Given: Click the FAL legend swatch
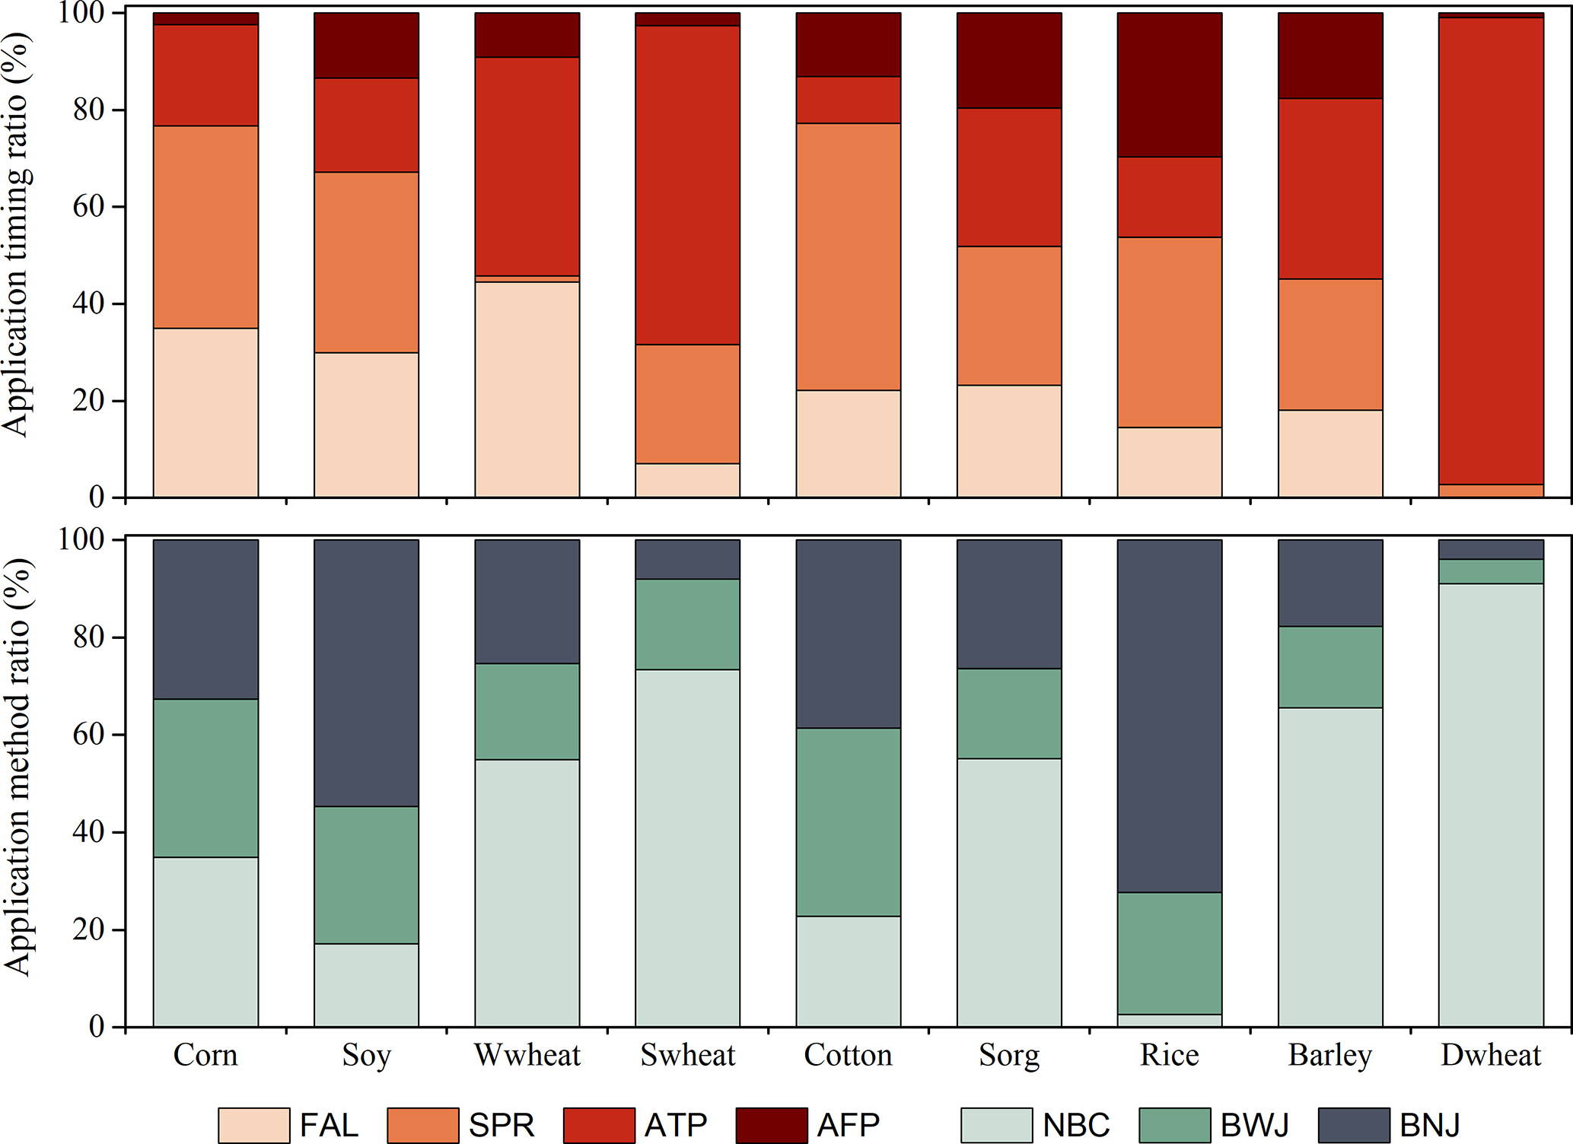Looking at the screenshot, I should (253, 1125).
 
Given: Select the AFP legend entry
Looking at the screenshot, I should (848, 1125).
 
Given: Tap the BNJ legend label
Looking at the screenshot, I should (1430, 1125).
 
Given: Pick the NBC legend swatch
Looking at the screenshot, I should (996, 1125).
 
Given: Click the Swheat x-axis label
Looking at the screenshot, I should (688, 1055).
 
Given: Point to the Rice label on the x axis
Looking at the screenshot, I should (1169, 1055).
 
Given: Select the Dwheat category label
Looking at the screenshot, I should (1491, 1055).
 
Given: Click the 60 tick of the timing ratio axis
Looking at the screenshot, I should (88, 207).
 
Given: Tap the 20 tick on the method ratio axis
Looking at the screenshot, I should (88, 929).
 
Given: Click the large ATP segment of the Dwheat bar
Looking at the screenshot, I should (1491, 251).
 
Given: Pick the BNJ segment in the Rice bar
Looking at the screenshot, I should (1169, 715).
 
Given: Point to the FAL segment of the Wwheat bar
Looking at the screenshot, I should (527, 389).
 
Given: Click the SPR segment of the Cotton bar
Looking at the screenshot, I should (849, 256).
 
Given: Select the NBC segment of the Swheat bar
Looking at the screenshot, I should (688, 847).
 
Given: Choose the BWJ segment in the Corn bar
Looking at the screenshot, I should (205, 778).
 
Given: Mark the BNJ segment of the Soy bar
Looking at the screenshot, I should (366, 672).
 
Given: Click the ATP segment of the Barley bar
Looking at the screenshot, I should (1330, 189).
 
